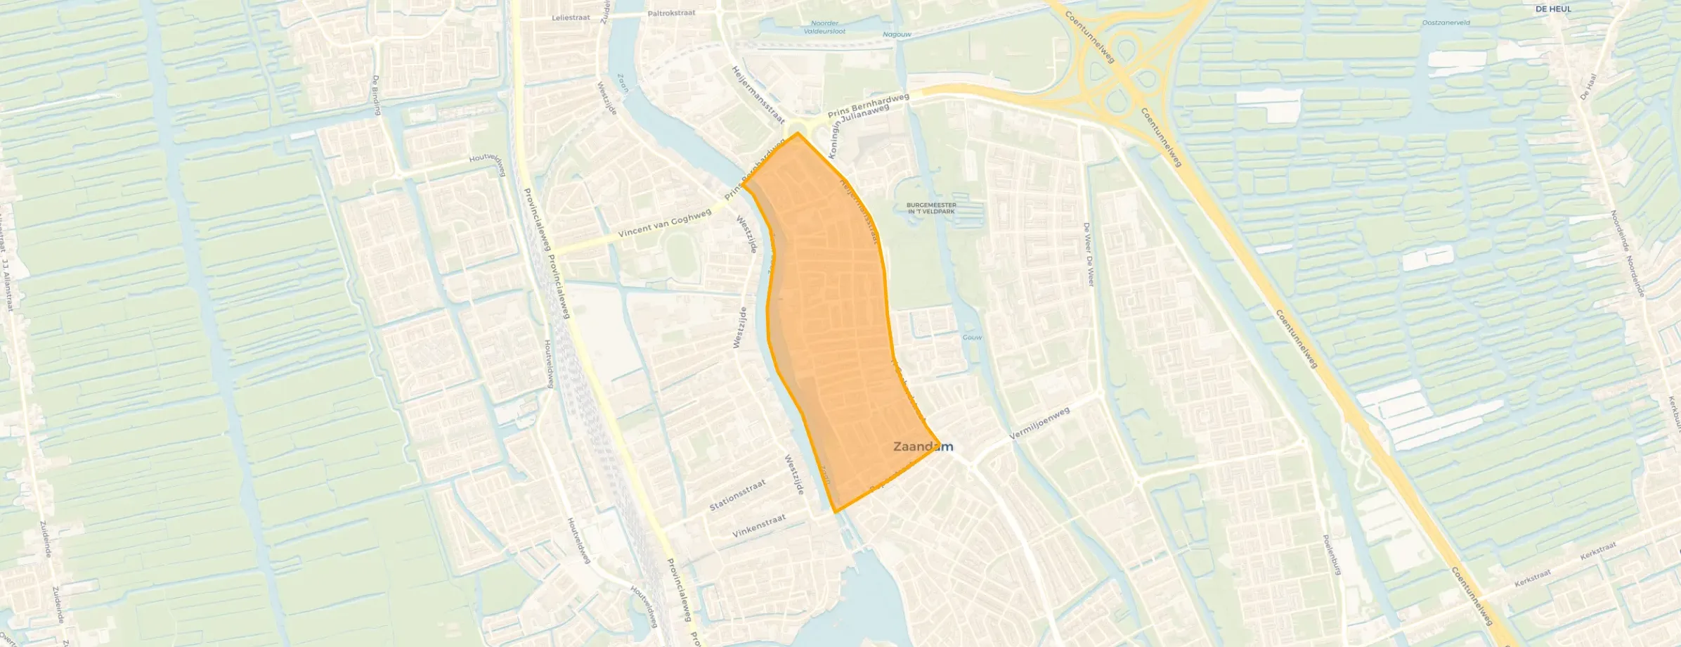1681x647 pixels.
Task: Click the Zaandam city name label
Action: (x=923, y=447)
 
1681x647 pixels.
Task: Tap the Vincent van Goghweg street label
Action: (x=664, y=225)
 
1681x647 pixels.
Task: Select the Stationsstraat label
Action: (x=736, y=495)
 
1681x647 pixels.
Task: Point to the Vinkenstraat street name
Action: (x=759, y=525)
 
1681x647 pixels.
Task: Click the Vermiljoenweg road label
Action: (x=1039, y=423)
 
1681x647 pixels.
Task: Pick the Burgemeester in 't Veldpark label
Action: (x=932, y=208)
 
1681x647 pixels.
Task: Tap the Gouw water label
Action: (x=972, y=338)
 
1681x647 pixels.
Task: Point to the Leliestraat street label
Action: (x=571, y=18)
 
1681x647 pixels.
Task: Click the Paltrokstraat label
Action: (x=671, y=13)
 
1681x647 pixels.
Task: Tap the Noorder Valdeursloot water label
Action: (x=824, y=27)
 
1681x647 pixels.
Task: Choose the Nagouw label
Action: (x=897, y=34)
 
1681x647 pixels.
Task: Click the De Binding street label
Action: (x=377, y=95)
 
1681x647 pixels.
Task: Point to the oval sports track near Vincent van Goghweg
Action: (x=679, y=255)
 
